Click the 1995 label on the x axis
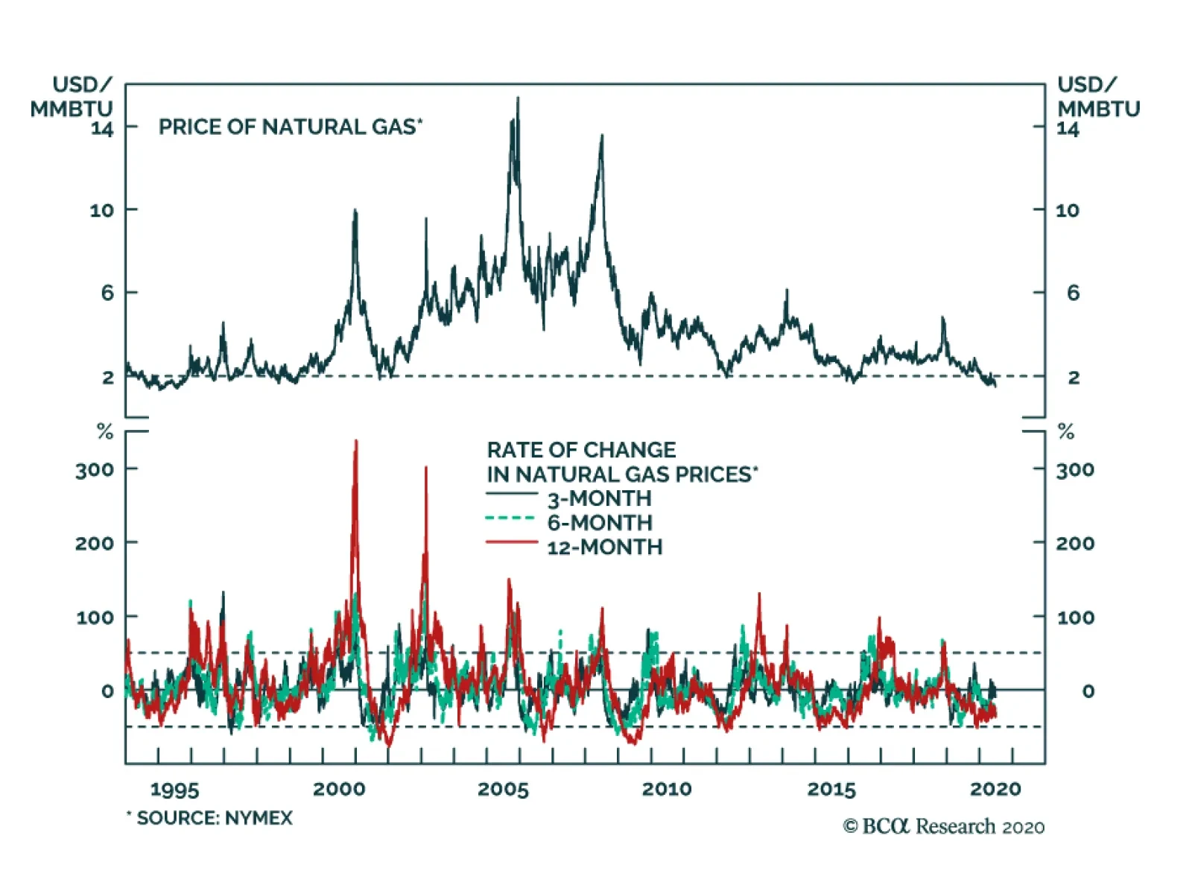coord(175,789)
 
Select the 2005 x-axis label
coord(503,789)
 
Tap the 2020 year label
coord(995,789)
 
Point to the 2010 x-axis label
coord(667,789)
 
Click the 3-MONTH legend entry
coord(599,498)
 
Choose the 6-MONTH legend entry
coord(599,522)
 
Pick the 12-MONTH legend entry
coord(604,547)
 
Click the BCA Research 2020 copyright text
coord(944,826)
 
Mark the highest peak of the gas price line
coord(518,99)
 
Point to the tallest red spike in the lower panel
coord(355,442)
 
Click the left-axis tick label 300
coord(95,470)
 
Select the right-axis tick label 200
coord(1075,543)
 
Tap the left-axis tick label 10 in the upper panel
coord(102,210)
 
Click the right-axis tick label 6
coord(1073,293)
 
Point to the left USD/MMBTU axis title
coord(72,97)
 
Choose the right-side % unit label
coord(1066,432)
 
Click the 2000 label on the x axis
coord(339,789)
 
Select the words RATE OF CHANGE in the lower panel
coord(581,450)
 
